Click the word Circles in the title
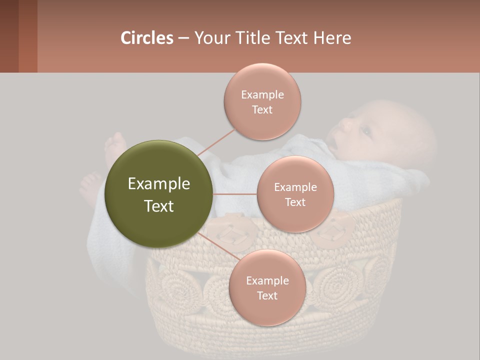pyautogui.click(x=146, y=38)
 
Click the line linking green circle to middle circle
pyautogui.click(x=235, y=194)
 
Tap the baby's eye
pyautogui.click(x=366, y=131)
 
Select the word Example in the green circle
pyautogui.click(x=158, y=184)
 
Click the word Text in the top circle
pyautogui.click(x=262, y=110)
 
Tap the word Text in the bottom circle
pyautogui.click(x=267, y=296)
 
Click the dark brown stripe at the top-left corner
pyautogui.click(x=9, y=36)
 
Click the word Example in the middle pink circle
pyautogui.click(x=295, y=187)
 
